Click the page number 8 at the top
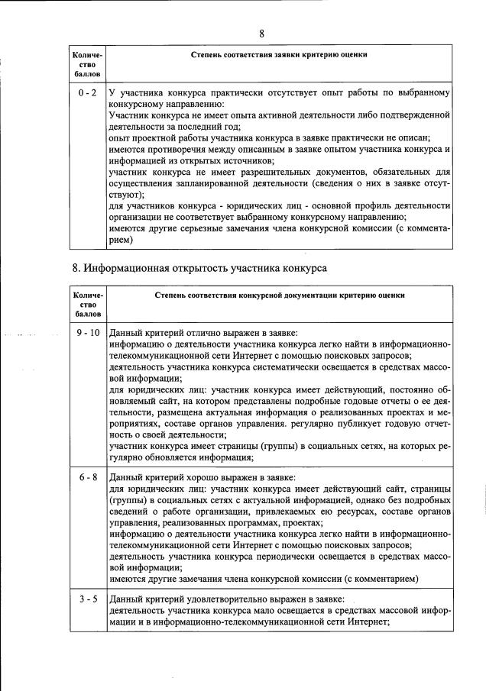pyautogui.click(x=261, y=33)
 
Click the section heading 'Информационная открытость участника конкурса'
pyautogui.click(x=204, y=270)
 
